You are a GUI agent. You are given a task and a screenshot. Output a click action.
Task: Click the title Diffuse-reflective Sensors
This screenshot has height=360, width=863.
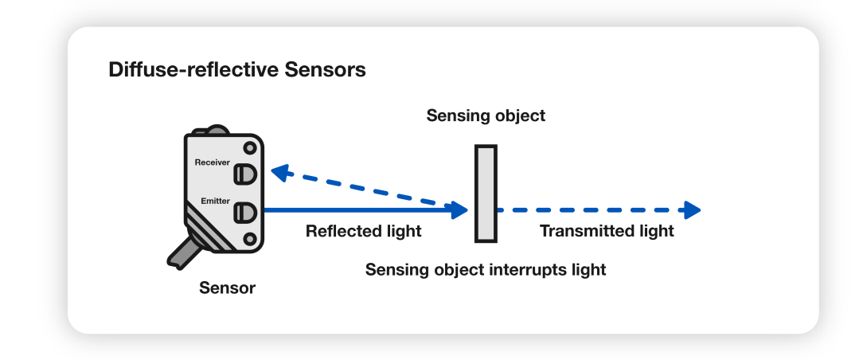236,70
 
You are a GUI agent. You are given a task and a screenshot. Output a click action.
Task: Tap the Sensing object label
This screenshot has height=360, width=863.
486,115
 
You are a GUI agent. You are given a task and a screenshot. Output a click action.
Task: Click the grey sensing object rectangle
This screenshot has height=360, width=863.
486,194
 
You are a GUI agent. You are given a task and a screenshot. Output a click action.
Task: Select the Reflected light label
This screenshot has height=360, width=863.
363,232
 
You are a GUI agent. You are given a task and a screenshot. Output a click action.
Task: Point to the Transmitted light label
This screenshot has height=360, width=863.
607,232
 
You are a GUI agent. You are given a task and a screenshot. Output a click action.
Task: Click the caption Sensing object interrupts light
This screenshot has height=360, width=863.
486,270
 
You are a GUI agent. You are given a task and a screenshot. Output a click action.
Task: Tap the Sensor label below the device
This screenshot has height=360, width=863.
227,288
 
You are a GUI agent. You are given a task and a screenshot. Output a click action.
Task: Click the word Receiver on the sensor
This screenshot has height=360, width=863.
212,162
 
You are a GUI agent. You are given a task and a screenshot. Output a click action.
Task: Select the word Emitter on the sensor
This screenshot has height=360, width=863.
215,201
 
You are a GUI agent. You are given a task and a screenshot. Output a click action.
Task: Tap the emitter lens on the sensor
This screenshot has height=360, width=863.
244,212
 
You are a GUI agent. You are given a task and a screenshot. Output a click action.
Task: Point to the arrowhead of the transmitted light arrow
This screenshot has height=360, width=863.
691,210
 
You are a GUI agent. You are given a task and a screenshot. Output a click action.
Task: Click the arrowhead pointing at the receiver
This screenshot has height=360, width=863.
279,170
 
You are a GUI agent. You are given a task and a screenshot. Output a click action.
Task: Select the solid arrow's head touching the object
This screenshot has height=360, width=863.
459,210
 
